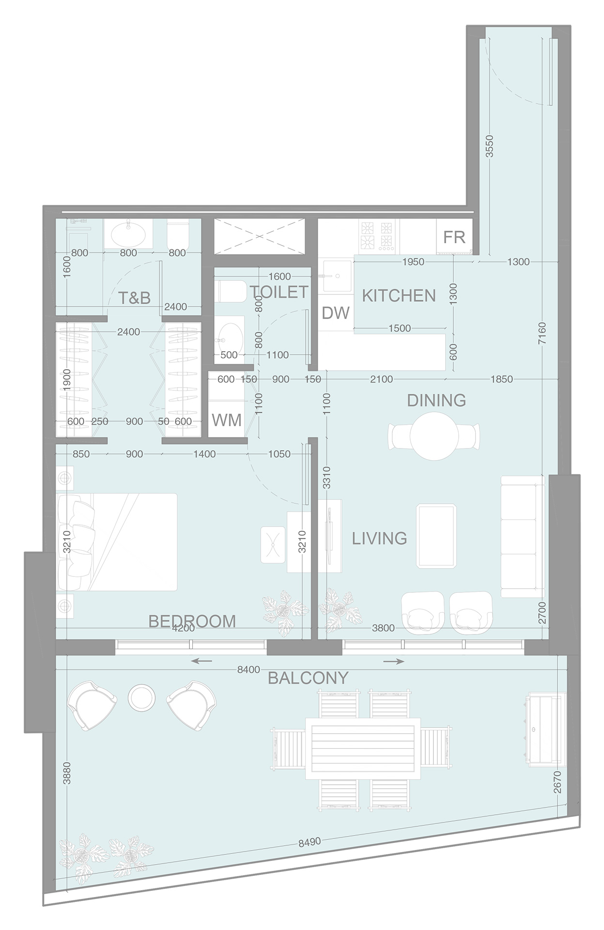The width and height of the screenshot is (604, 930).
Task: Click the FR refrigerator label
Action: click(x=454, y=237)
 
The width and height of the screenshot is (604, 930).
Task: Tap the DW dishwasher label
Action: click(x=335, y=313)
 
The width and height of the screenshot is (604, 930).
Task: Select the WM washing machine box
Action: click(x=227, y=420)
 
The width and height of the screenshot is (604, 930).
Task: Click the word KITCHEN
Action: click(x=399, y=295)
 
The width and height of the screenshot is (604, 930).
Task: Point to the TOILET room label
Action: click(x=279, y=292)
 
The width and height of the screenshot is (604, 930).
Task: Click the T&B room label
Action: click(x=134, y=298)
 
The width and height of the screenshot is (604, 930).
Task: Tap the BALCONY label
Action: click(x=308, y=678)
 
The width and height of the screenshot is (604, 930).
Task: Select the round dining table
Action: click(x=434, y=435)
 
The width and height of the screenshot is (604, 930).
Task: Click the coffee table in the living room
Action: click(x=436, y=535)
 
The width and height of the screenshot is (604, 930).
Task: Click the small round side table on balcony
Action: click(x=141, y=697)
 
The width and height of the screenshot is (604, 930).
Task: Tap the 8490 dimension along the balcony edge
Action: click(x=310, y=842)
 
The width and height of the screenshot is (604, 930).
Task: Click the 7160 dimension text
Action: click(x=542, y=333)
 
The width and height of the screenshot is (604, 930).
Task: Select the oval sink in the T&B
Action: click(x=128, y=234)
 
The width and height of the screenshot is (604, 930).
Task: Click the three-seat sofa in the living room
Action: click(x=522, y=536)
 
